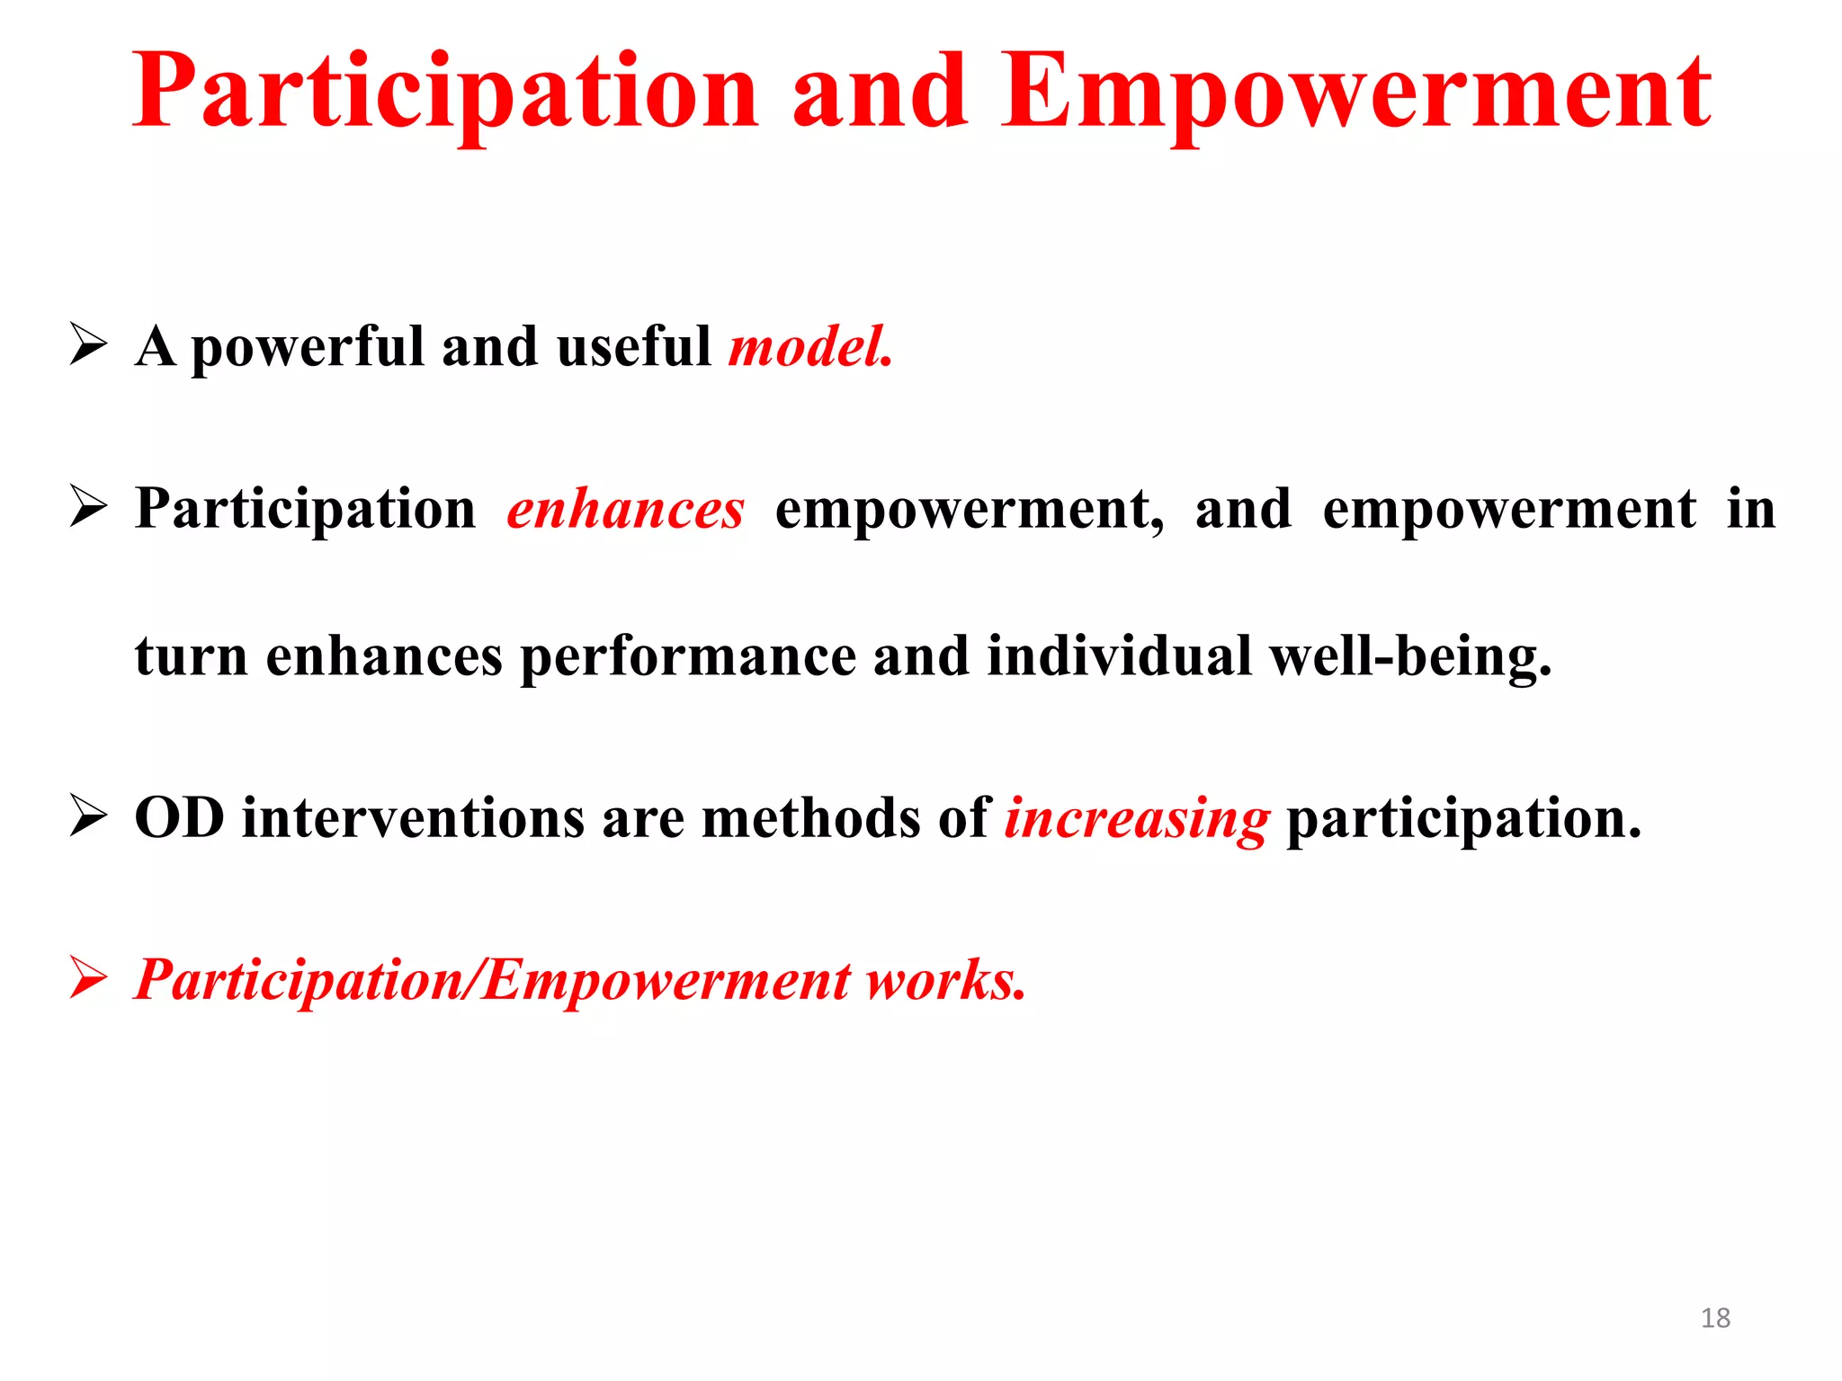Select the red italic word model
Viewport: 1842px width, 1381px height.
coord(809,347)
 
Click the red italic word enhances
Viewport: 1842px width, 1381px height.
coord(625,510)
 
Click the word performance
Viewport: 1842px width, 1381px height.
coord(688,657)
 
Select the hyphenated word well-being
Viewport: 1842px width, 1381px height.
coord(1409,657)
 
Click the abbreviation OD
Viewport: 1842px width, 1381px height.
coord(179,818)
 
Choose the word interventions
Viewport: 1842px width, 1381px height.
coord(414,818)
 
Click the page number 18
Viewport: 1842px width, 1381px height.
coord(1715,1318)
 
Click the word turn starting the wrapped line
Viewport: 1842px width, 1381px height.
coord(191,657)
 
